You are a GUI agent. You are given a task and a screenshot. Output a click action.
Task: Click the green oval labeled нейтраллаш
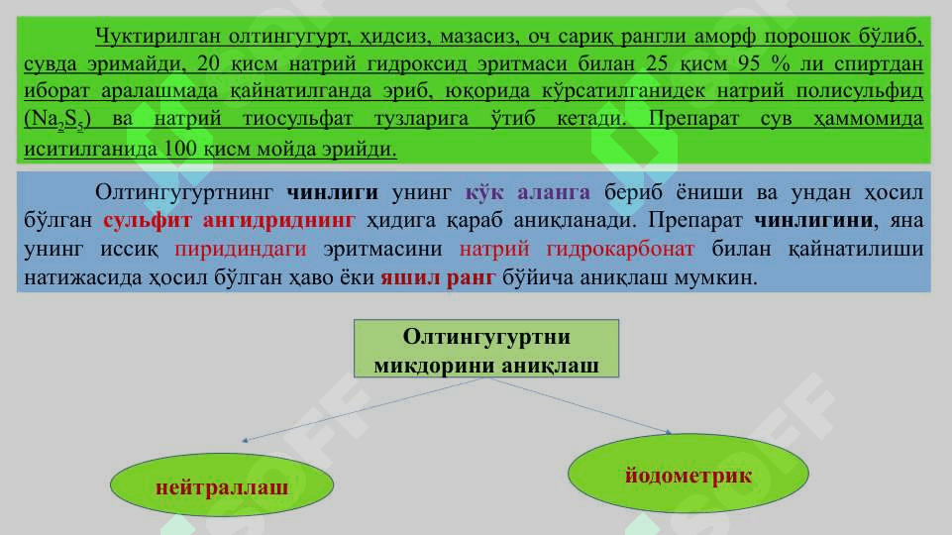tap(222, 485)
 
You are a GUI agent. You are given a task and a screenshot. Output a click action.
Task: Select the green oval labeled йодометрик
tap(688, 473)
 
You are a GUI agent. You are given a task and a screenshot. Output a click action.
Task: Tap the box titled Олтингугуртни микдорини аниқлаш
tap(486, 349)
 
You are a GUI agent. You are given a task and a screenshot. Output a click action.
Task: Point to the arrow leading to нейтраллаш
tap(364, 409)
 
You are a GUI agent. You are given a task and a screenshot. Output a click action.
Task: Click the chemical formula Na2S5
tap(57, 119)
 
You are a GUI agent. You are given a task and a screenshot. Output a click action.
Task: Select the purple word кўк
tap(484, 192)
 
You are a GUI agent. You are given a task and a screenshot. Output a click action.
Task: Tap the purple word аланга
tap(553, 193)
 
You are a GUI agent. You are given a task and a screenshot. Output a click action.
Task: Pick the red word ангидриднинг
tap(279, 220)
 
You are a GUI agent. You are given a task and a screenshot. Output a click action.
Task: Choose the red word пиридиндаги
tap(241, 249)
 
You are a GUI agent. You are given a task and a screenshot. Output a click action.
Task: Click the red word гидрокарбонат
tap(620, 249)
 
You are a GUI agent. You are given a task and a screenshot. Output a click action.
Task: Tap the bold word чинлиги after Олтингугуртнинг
tap(332, 192)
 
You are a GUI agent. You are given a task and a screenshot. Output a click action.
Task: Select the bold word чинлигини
tap(813, 220)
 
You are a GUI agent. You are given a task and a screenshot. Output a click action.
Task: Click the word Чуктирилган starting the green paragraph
tap(158, 37)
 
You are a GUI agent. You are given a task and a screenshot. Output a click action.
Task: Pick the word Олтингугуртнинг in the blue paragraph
tap(184, 193)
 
